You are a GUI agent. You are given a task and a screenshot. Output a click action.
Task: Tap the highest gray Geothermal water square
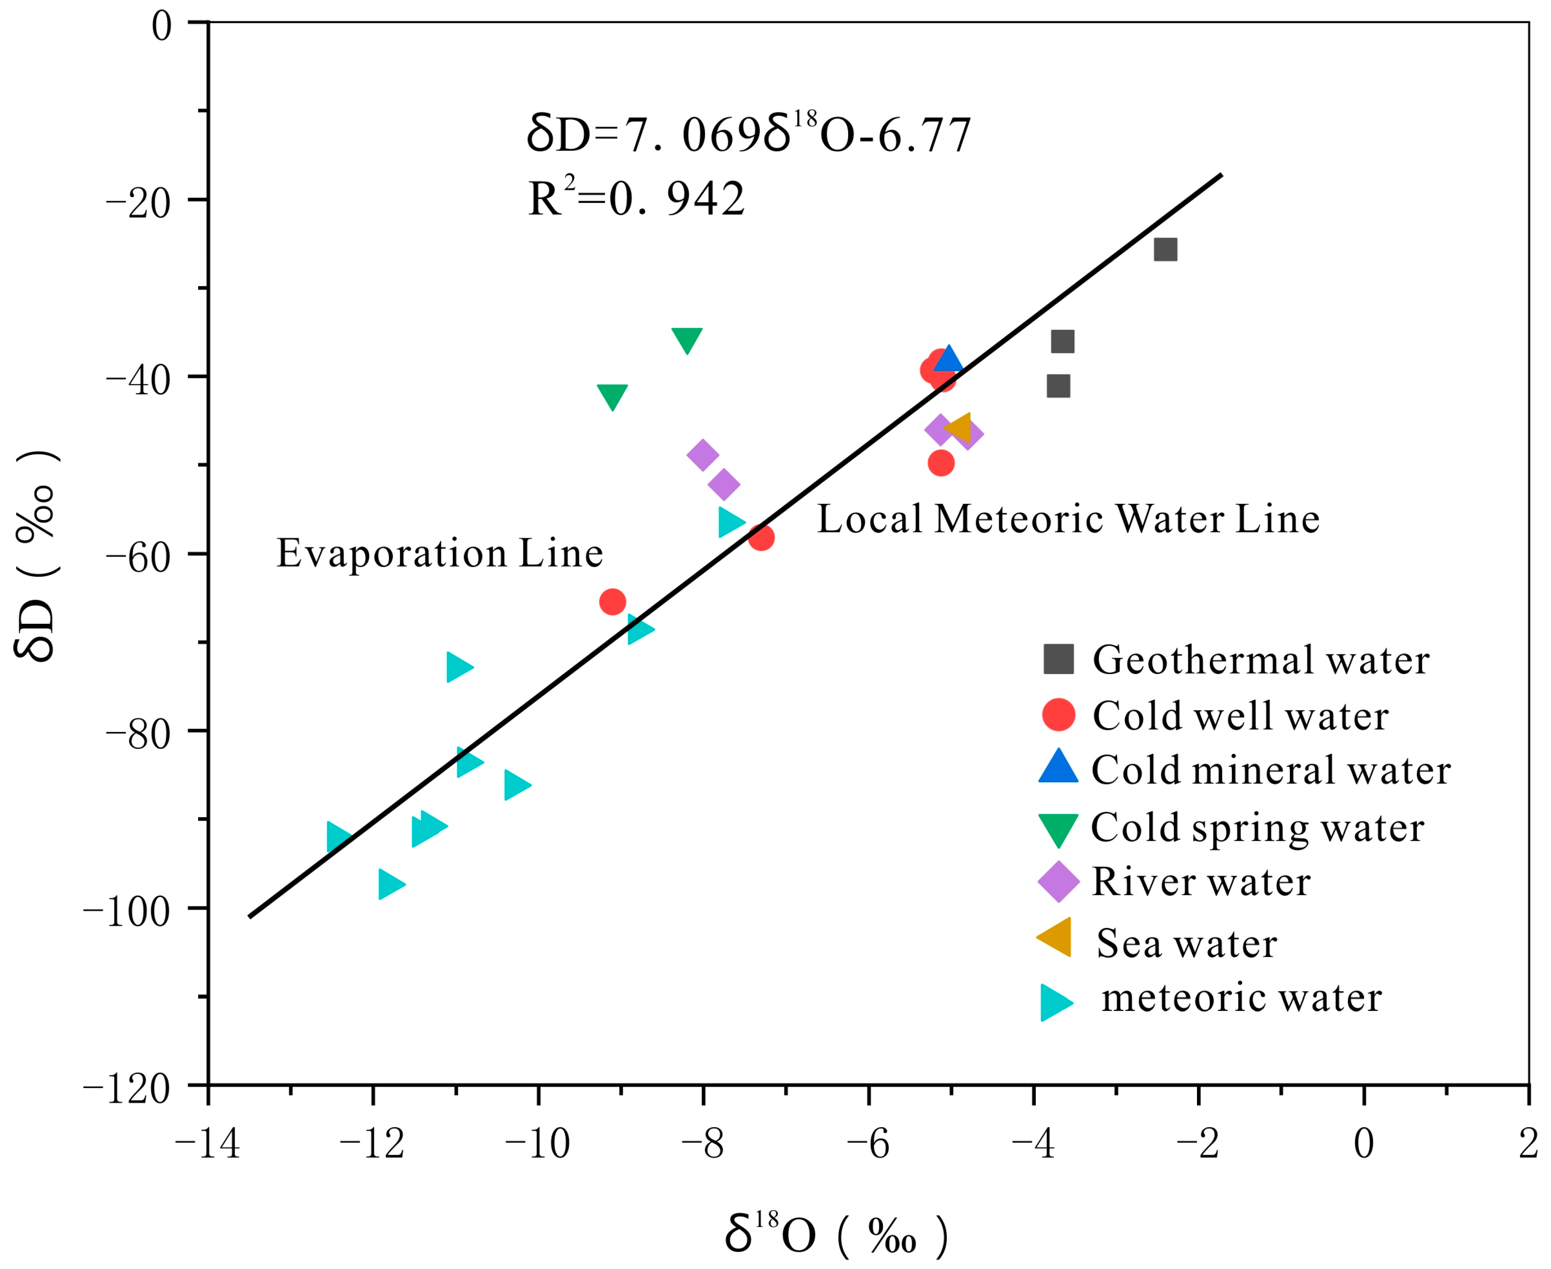1165,249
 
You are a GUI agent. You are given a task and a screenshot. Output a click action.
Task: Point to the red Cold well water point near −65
613,601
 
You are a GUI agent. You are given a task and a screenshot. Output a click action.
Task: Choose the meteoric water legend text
1241,998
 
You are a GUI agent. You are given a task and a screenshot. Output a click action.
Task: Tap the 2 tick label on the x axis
1528,1143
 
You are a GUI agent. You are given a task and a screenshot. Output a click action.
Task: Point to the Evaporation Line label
439,553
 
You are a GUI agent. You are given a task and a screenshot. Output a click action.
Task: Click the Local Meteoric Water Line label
1068,520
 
